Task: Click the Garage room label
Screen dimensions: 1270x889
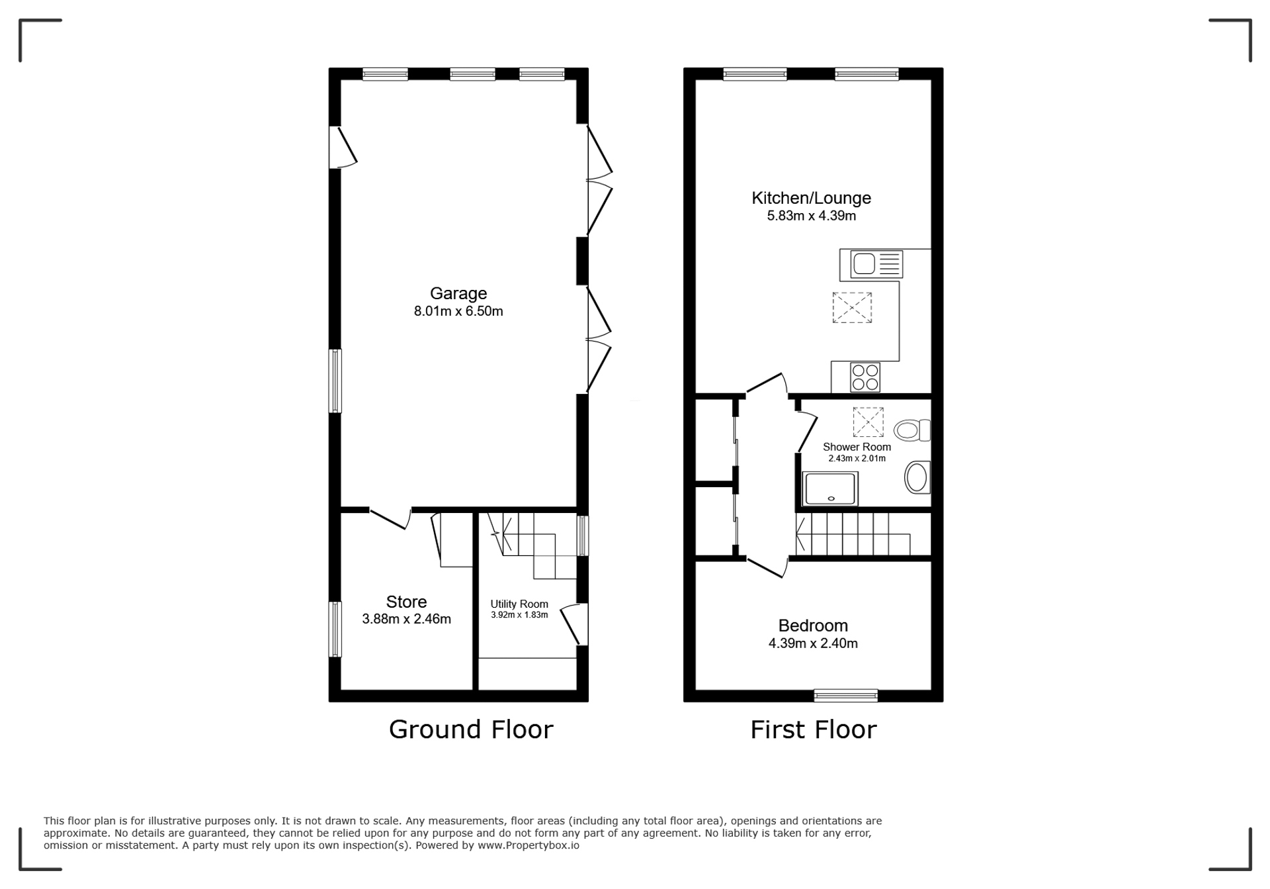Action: [x=458, y=293]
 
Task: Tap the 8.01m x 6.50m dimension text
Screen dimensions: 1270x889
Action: [x=458, y=311]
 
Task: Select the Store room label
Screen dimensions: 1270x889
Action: [x=406, y=602]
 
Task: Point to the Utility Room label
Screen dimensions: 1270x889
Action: [x=519, y=604]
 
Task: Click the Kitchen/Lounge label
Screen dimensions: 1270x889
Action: [x=811, y=198]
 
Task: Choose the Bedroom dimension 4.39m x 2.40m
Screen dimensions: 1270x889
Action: [x=813, y=643]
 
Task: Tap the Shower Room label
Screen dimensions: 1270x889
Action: [x=857, y=447]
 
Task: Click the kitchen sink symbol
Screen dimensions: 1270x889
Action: [x=872, y=264]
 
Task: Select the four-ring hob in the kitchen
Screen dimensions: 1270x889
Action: [x=865, y=377]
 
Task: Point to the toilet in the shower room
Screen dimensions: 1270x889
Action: [x=912, y=430]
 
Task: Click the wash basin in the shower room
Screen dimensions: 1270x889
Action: [x=917, y=477]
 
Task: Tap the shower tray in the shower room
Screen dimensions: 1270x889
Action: [x=830, y=489]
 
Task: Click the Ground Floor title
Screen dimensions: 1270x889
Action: [x=471, y=729]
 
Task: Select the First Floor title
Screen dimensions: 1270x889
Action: [x=813, y=729]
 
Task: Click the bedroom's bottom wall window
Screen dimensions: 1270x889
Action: [x=846, y=695]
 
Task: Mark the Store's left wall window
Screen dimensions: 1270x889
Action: [x=335, y=629]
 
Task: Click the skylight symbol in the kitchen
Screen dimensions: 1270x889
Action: [x=852, y=308]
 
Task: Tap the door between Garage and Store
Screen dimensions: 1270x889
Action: [x=390, y=518]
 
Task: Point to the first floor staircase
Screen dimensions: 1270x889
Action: [x=853, y=534]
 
